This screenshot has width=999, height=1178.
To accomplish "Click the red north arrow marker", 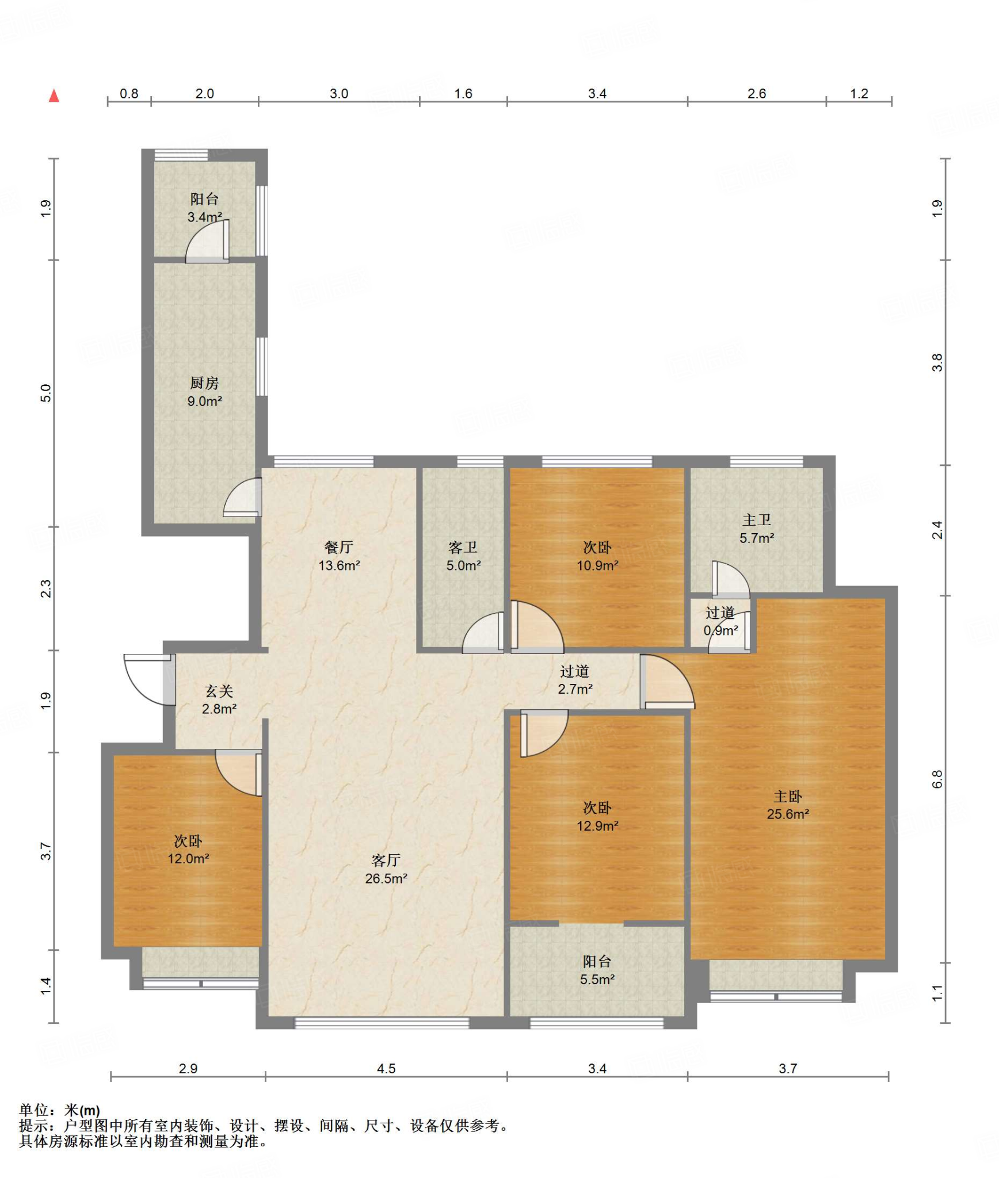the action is coord(54,95).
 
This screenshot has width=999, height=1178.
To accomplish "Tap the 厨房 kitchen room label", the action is coord(204,383).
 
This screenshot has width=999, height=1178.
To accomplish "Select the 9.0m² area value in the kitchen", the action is coord(205,401).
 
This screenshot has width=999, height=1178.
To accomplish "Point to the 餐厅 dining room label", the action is coord(339,547).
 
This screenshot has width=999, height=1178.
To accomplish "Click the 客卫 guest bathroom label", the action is coord(463,548).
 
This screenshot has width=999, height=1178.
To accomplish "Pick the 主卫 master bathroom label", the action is coord(757,520).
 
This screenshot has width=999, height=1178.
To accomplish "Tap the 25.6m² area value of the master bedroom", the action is coord(788,814).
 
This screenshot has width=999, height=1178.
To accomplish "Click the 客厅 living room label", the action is coord(386,860).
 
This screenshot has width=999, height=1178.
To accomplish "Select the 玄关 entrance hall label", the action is coord(219,691).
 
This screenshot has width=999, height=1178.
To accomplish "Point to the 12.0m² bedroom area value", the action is coord(188,859).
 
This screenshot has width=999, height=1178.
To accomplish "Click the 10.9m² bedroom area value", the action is coord(597,565).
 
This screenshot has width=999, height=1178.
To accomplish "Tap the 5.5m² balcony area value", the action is coord(597,980).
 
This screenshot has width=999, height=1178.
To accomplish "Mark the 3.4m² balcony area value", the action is coord(205,217).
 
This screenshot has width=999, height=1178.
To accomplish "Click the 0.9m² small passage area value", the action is coord(720,630).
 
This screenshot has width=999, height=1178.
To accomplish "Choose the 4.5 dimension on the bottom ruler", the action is coord(386,1069).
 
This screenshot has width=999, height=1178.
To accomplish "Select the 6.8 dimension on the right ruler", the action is coord(937,779).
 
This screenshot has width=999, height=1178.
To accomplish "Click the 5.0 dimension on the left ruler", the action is coord(45,393).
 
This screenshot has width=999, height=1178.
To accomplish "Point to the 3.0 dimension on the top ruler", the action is coord(339,94).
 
